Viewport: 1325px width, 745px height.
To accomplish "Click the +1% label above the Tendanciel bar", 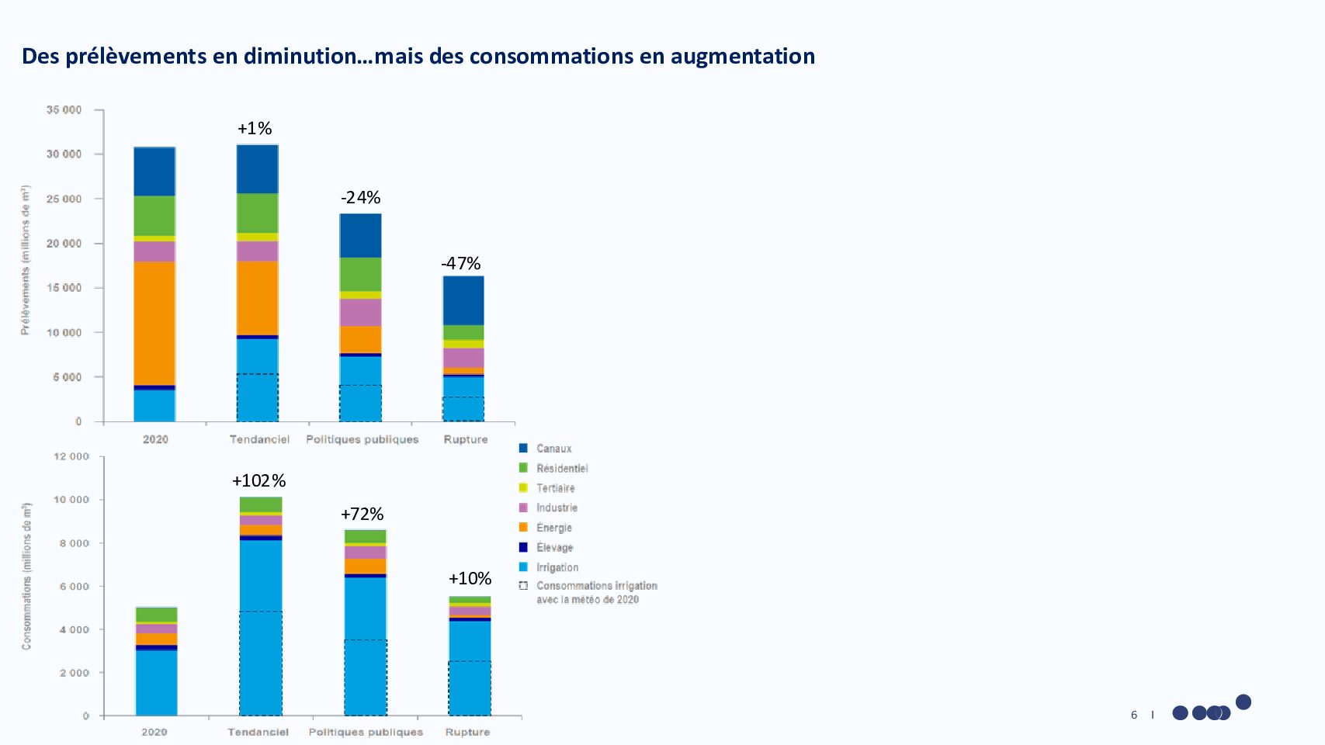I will coord(255,128).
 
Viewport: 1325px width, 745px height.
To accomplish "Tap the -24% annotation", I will coord(360,197).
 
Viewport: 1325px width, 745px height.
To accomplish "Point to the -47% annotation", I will coord(461,264).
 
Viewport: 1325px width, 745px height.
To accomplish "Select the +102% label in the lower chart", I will coord(258,481).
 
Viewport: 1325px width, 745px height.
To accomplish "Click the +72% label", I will coord(362,514).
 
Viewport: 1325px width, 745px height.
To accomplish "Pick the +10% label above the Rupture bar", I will coord(470,578).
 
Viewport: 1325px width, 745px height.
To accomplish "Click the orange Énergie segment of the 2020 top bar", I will coord(154,323).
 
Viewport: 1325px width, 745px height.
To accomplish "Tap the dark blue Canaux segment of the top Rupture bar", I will coord(463,300).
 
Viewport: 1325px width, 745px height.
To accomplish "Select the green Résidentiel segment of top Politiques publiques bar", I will coord(360,274).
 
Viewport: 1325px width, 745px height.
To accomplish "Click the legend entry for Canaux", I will coord(553,449).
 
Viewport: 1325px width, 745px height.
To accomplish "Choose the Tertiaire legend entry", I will coord(555,488).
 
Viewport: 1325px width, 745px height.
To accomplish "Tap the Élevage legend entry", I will coord(554,547).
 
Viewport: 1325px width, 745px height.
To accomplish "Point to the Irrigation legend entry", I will coord(557,567).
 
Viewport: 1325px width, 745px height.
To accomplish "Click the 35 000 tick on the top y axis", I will coord(64,110).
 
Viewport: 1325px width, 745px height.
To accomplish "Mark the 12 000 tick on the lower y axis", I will coord(71,456).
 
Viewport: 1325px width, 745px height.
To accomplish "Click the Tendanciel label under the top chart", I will coord(259,439).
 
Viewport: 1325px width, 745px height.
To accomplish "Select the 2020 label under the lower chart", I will coord(154,732).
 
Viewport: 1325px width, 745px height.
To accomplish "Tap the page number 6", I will coord(1134,715).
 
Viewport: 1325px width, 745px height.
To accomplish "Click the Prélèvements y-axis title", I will coord(26,261).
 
